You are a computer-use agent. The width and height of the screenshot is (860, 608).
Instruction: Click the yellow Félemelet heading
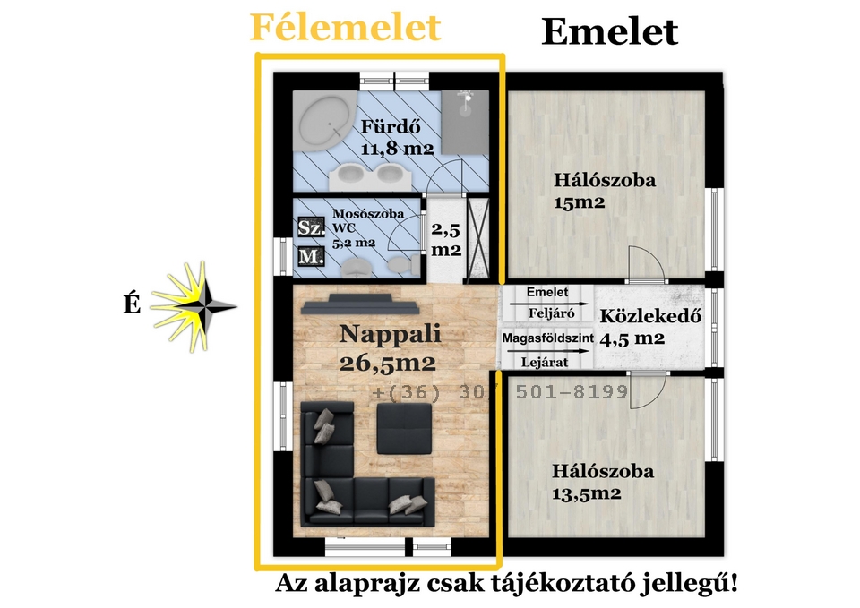click(345, 28)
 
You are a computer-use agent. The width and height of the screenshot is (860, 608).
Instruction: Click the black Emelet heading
click(609, 32)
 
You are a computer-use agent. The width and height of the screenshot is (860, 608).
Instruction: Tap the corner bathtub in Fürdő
click(325, 123)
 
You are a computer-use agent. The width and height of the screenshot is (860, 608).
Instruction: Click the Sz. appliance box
click(310, 227)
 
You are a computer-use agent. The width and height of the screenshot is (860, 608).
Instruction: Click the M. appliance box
click(310, 257)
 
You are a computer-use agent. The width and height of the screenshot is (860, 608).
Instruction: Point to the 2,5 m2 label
click(446, 241)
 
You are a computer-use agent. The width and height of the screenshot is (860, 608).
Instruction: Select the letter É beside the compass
click(132, 305)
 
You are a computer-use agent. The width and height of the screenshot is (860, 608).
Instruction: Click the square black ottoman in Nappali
click(403, 429)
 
